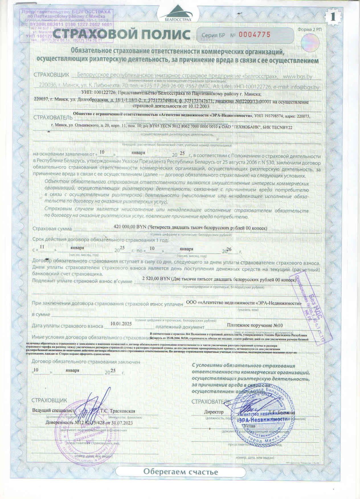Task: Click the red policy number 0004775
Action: (x=254, y=35)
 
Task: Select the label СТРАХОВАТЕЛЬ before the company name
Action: (x=53, y=117)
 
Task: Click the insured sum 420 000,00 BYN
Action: (x=130, y=227)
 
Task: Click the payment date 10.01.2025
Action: (x=121, y=324)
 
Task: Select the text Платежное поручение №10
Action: (x=255, y=325)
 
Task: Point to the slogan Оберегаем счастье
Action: (x=180, y=471)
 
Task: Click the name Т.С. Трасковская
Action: (x=118, y=411)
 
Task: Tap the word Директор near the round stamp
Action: (x=214, y=412)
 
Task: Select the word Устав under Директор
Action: (x=249, y=426)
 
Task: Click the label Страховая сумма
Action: (x=52, y=229)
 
